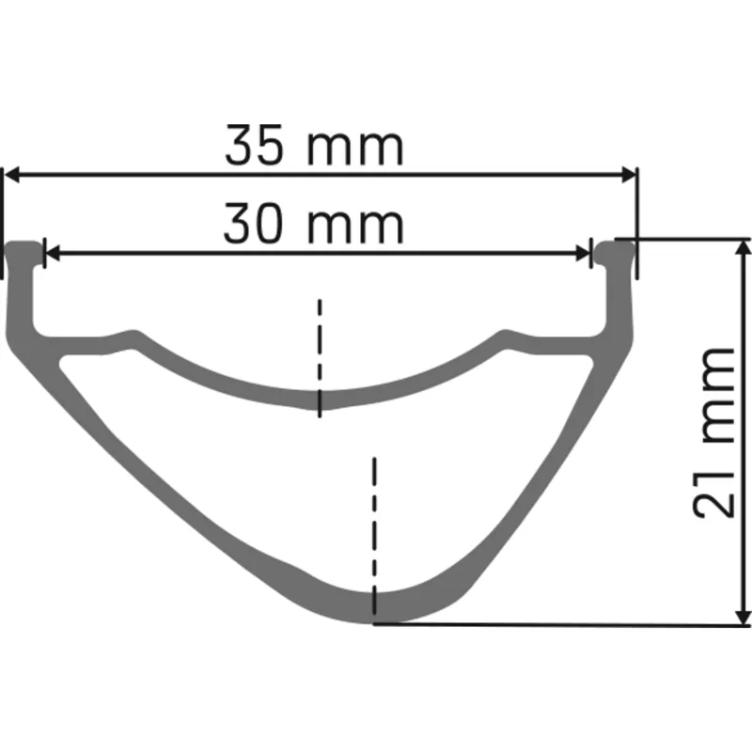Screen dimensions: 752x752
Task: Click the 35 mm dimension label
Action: (x=314, y=148)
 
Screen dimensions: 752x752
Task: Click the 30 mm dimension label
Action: (x=314, y=226)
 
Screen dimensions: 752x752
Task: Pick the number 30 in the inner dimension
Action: (x=257, y=226)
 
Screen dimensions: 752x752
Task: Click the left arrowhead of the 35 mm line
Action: (x=15, y=175)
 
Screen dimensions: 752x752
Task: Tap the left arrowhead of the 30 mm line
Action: (x=53, y=253)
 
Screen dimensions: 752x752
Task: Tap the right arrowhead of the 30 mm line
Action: (x=583, y=253)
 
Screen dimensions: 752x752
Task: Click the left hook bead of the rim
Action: (x=24, y=251)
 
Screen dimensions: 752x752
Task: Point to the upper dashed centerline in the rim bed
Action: (x=320, y=357)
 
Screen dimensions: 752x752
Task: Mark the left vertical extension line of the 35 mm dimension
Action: (x=4, y=221)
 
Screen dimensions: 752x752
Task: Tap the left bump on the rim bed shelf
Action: (x=127, y=337)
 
